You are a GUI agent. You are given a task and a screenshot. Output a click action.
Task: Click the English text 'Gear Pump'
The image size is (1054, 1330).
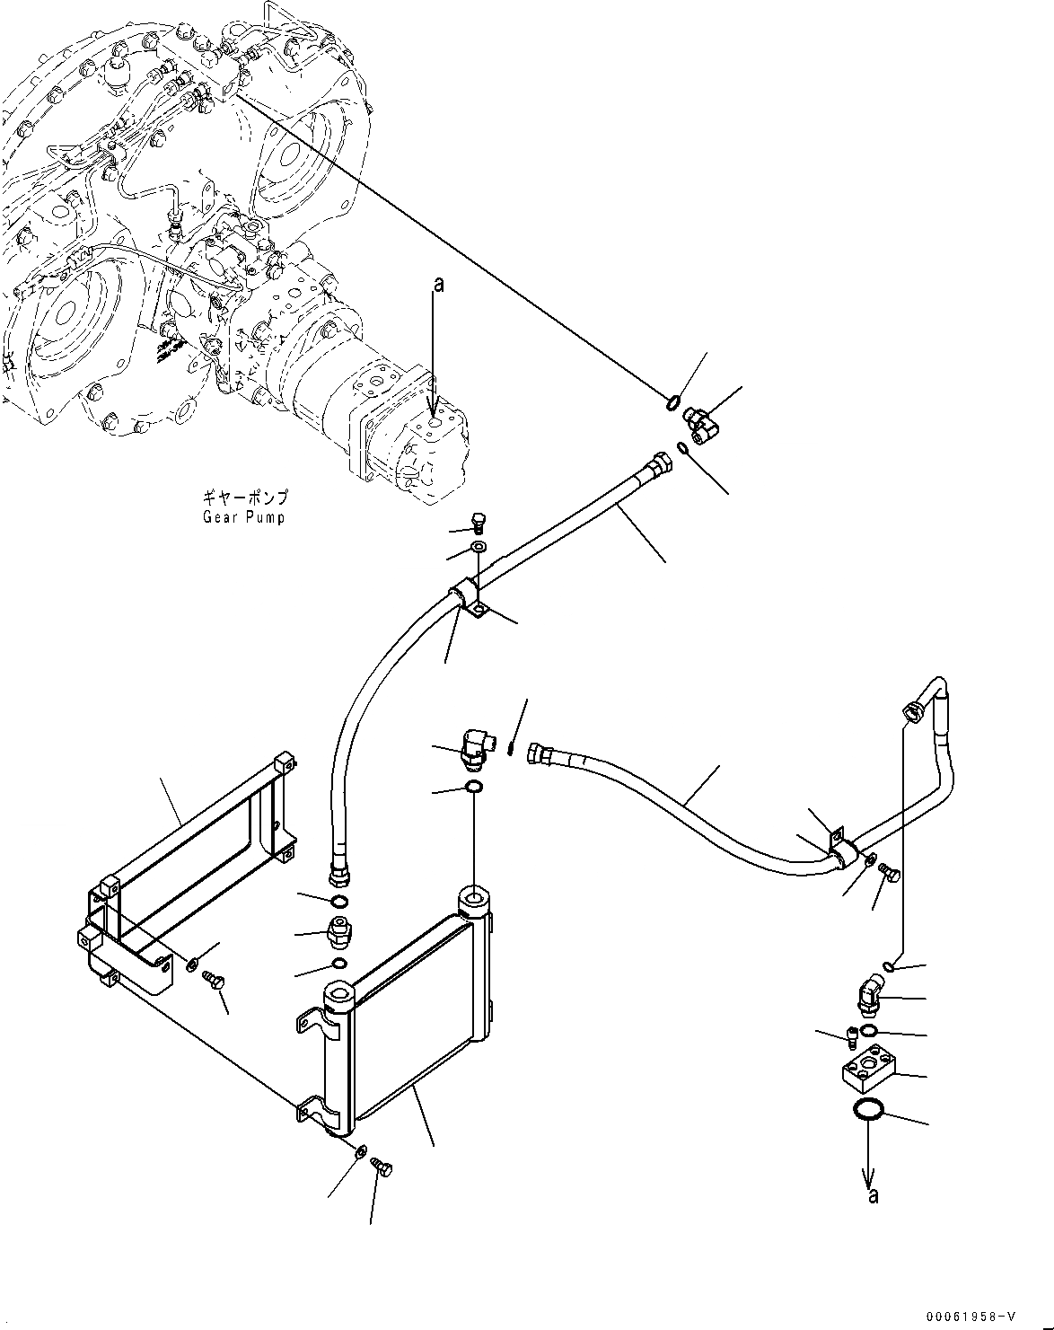tap(242, 518)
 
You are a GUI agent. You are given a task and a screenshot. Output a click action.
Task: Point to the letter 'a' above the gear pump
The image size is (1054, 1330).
tap(438, 285)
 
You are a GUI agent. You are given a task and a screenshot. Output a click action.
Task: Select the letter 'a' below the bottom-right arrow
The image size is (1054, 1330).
tap(873, 1195)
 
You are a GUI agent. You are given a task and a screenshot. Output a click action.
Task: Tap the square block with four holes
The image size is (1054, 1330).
tap(867, 1069)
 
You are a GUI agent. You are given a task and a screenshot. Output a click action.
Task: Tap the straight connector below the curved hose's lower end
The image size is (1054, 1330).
tap(340, 934)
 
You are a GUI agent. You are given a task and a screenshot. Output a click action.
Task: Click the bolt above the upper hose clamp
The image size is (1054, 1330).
tap(478, 522)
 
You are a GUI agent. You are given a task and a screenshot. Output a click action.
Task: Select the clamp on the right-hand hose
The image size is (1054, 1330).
tap(840, 853)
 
